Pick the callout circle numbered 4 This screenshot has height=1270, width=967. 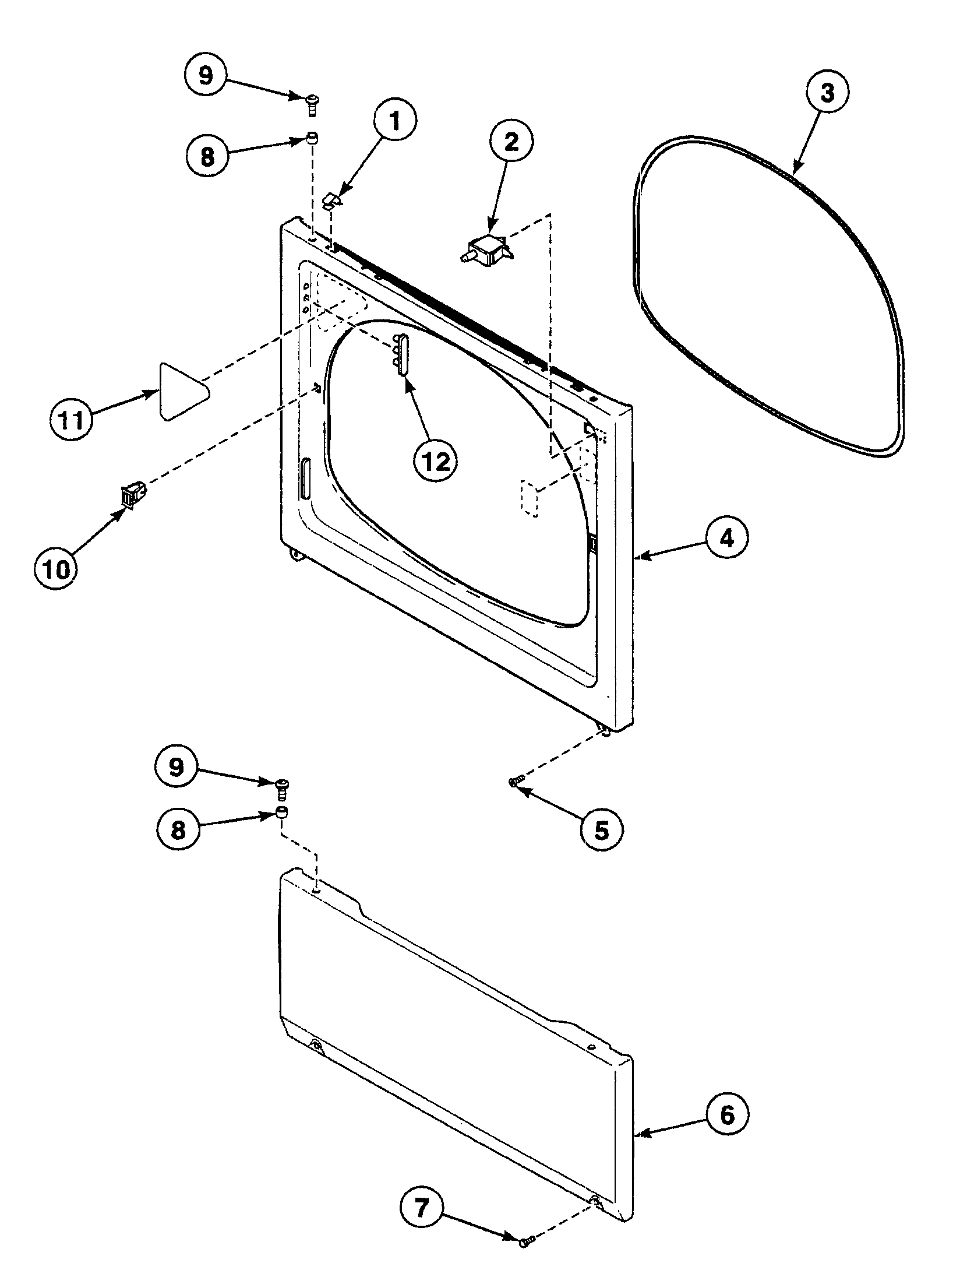coord(726,539)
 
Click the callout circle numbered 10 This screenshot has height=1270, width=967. coord(56,569)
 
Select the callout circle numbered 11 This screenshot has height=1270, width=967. coord(70,420)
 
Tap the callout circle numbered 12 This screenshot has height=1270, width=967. coord(436,462)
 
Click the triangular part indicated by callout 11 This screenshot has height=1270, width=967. coord(181,391)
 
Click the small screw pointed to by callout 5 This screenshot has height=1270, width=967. coord(516,782)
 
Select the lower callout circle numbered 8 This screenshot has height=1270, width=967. coord(178,830)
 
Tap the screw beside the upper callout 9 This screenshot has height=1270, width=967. coord(313,105)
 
